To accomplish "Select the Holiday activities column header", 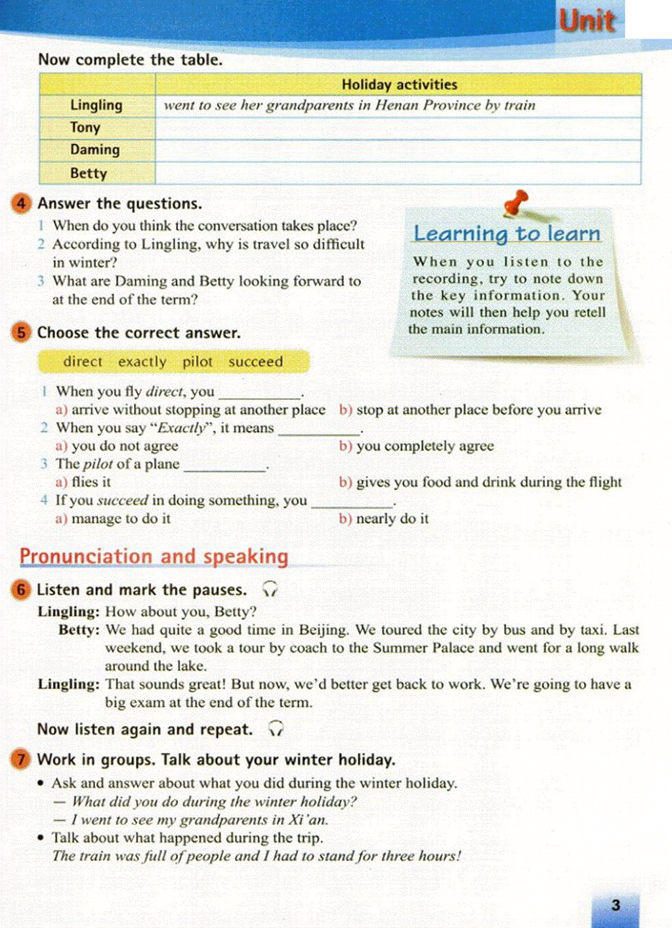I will (x=399, y=85).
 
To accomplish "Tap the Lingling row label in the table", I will (x=96, y=106).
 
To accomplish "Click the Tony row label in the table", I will (x=85, y=128).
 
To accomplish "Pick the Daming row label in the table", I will (x=95, y=150).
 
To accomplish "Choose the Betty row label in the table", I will (x=89, y=174).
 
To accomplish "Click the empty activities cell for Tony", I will (x=398, y=129).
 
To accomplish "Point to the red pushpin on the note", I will (x=516, y=202).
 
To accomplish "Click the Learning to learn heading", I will (x=507, y=234).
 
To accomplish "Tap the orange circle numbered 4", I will (x=21, y=203).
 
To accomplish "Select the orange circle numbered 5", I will (x=21, y=333).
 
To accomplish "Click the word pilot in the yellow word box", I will (x=198, y=362).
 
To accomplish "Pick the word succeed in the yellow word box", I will (x=255, y=362).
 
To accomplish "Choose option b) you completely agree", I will (x=417, y=446).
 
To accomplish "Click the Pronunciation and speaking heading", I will (x=154, y=557).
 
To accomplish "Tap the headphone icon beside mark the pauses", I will (x=270, y=589).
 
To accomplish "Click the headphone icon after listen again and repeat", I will (x=276, y=729).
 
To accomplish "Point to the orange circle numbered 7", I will (x=21, y=759).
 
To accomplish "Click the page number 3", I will (x=616, y=906).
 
